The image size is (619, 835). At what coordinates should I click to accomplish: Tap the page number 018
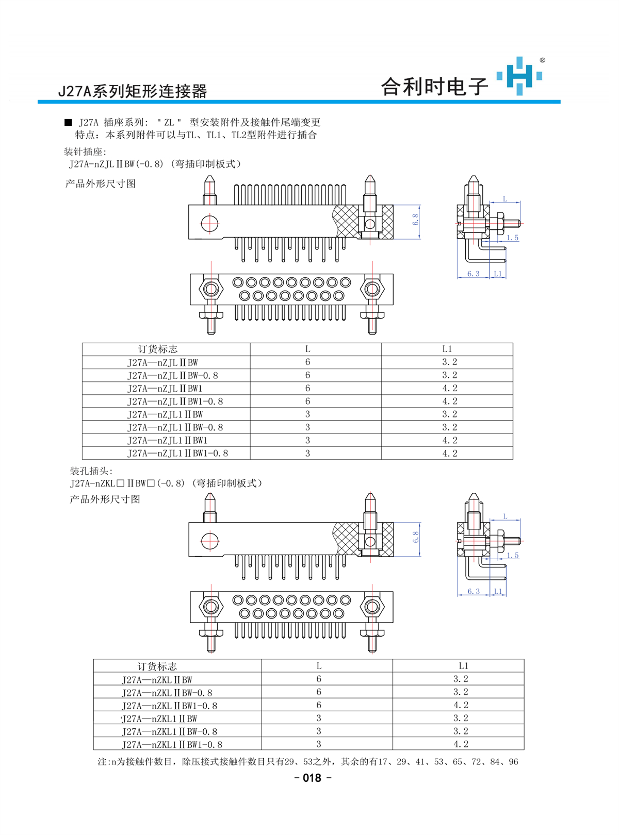point(312,778)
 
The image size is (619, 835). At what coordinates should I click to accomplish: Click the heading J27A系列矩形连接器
point(132,91)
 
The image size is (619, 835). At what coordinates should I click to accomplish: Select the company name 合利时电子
point(434,87)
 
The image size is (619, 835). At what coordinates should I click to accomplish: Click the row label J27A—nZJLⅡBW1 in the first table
point(165,388)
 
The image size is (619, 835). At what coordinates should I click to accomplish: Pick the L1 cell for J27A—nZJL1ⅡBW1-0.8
point(449,453)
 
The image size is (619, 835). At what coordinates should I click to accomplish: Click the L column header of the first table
point(307,349)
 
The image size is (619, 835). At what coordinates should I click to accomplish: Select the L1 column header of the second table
point(463,665)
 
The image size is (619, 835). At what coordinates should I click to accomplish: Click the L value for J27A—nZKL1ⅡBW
point(318,718)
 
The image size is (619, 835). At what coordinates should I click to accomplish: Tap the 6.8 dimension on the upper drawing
point(416,220)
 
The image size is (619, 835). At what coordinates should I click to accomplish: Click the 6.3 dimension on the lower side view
point(473,591)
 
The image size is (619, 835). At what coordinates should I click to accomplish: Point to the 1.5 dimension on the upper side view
point(512,238)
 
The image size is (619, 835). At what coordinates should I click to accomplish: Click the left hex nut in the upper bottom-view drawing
point(211,289)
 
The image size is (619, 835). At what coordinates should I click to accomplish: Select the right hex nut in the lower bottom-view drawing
point(372,607)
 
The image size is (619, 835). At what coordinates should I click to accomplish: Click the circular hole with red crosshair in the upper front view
point(210,224)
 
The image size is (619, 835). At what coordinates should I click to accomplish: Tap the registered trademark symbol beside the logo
point(542,60)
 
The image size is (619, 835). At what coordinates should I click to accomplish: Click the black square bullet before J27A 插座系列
point(68,122)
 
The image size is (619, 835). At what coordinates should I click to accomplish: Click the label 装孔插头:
point(91,471)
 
